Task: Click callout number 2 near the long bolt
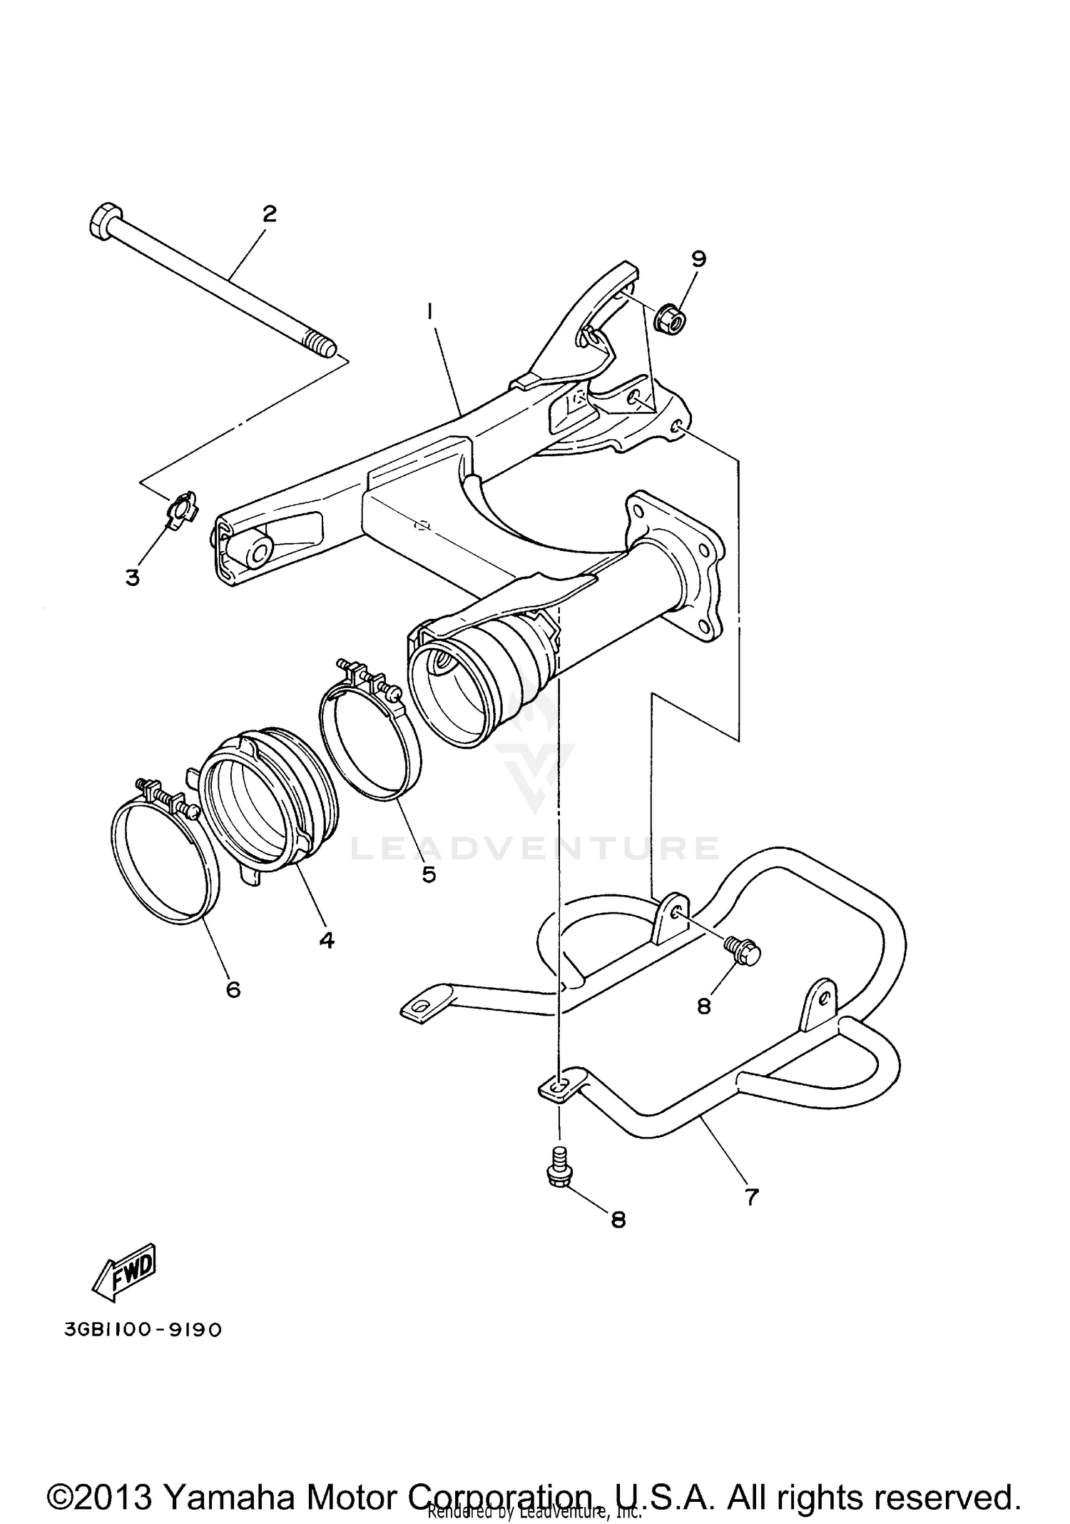point(269,213)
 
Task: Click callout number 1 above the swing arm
point(430,311)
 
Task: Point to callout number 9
point(698,258)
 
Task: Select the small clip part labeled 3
point(182,508)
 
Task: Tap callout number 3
point(133,577)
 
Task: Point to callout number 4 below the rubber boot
point(327,940)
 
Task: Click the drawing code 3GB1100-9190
point(143,1330)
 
